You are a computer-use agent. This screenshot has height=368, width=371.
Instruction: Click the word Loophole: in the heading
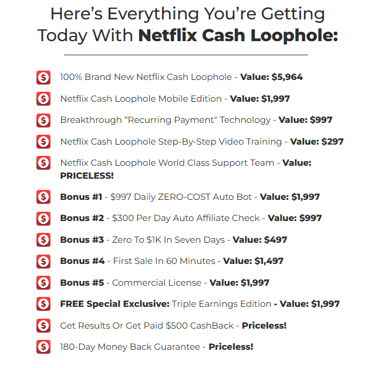[294, 36]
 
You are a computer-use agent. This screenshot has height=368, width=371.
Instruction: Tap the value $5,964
[287, 77]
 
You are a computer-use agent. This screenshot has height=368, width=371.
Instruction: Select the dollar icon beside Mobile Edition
[43, 99]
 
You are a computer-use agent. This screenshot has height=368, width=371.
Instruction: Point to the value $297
[332, 142]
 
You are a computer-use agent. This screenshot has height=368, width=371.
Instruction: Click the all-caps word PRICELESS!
[87, 176]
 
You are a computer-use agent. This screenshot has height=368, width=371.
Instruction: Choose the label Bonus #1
[81, 197]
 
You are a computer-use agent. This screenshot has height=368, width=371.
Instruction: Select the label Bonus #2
[82, 218]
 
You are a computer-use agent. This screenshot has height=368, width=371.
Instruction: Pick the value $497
[275, 240]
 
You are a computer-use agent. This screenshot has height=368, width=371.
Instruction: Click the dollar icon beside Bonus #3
[43, 240]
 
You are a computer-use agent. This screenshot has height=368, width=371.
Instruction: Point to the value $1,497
[269, 261]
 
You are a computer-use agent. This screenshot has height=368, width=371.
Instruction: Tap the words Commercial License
[157, 283]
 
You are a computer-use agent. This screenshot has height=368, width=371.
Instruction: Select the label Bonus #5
[82, 283]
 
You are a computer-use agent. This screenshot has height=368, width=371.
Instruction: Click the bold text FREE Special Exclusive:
[114, 304]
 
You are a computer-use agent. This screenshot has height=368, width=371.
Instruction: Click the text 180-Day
[77, 347]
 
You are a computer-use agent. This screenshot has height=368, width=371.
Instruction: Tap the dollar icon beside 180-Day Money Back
[43, 347]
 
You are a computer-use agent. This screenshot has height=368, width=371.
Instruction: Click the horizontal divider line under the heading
[186, 55]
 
